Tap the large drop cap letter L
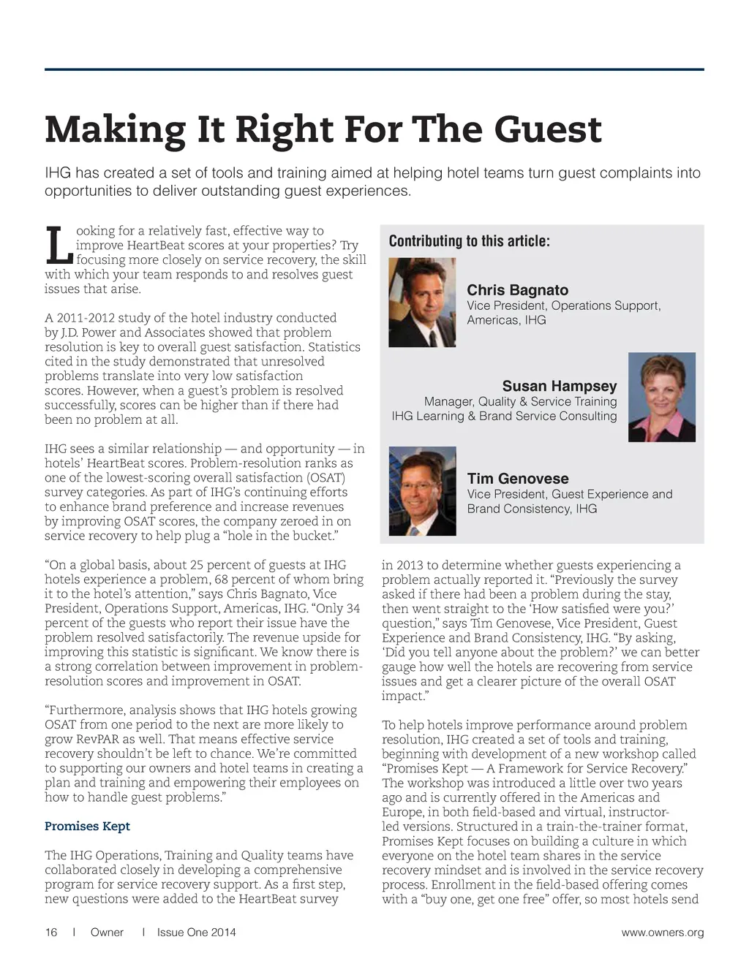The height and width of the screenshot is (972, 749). point(59,246)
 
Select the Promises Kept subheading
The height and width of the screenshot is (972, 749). point(87,826)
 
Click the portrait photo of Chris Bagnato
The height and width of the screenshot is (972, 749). point(422,302)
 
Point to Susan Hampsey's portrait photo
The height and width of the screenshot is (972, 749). point(662,397)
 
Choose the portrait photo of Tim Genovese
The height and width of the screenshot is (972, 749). point(422,491)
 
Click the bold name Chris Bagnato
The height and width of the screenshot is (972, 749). point(517,290)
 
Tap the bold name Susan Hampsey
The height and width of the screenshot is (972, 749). point(559,386)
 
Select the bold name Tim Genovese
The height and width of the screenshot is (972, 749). point(518,479)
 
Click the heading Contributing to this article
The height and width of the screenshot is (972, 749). point(469,241)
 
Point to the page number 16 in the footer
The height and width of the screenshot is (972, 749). point(51,933)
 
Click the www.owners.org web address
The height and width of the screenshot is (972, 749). point(662,933)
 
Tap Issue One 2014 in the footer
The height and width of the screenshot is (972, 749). point(196,933)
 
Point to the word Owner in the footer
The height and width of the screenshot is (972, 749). point(107,933)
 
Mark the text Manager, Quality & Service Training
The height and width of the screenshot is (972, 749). point(520,401)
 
